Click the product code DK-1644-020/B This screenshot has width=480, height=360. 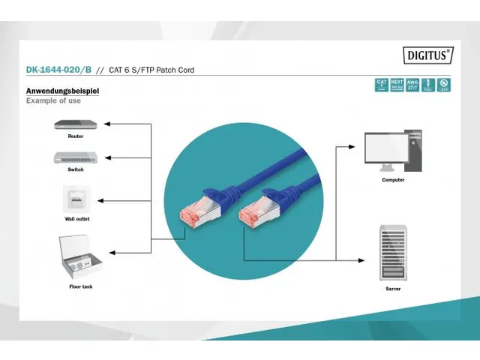point(59,70)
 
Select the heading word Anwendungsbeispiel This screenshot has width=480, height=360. point(62,91)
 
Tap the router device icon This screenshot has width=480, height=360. point(75,124)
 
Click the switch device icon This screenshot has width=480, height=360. point(75,157)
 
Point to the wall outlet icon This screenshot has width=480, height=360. point(75,200)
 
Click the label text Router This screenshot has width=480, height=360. point(75,136)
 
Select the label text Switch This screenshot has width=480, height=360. point(75,169)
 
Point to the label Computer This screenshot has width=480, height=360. point(393,180)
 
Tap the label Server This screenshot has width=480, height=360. point(393,288)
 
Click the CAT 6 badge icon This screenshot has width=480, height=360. point(382,85)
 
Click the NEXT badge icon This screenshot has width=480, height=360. point(397,85)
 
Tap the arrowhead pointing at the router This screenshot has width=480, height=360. point(106,124)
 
